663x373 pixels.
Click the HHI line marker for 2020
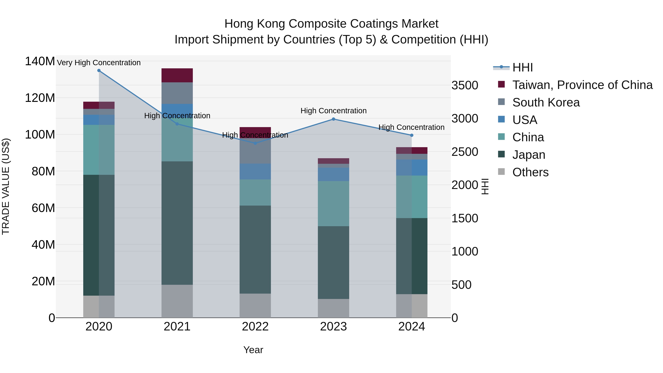pos(99,71)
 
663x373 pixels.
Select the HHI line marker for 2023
pos(333,119)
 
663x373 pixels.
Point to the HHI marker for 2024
pos(412,135)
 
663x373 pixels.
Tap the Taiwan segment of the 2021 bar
pos(177,75)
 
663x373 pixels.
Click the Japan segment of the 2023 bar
pos(333,262)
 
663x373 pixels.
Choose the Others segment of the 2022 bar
pos(255,306)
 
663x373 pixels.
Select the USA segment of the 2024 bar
pos(412,168)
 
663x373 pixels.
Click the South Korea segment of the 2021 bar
pos(177,93)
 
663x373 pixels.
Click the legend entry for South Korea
pos(546,102)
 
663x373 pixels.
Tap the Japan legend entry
pos(528,155)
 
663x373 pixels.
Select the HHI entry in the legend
pos(522,67)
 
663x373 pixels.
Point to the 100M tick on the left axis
pos(40,135)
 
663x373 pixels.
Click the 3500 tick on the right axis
pos(465,85)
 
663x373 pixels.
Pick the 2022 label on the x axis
pos(255,327)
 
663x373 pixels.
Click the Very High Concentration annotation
pos(99,63)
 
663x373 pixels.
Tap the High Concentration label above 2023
pos(333,111)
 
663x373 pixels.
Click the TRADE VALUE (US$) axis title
pos(6,186)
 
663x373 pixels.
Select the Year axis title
pos(253,350)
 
